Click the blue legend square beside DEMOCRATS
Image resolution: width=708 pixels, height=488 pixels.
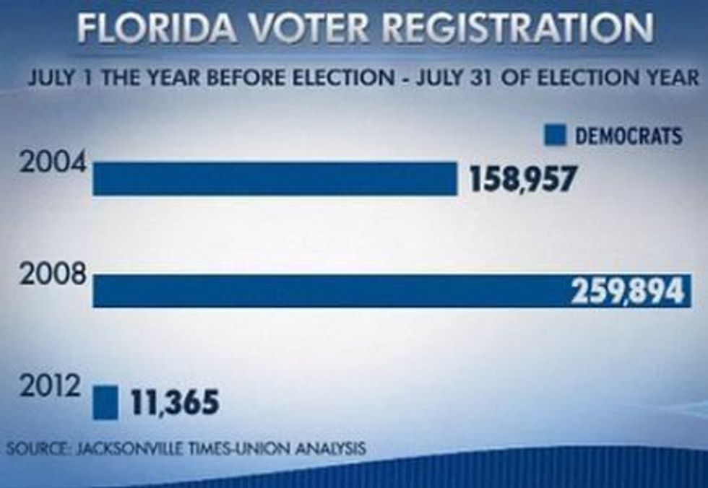pos(555,135)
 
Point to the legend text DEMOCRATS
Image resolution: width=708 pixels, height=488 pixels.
pos(629,135)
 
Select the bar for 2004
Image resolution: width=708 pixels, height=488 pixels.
pos(275,178)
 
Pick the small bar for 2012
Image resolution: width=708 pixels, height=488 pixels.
pos(105,402)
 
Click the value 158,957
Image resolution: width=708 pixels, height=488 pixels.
pos(523,178)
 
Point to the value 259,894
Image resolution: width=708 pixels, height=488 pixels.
pos(627,291)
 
